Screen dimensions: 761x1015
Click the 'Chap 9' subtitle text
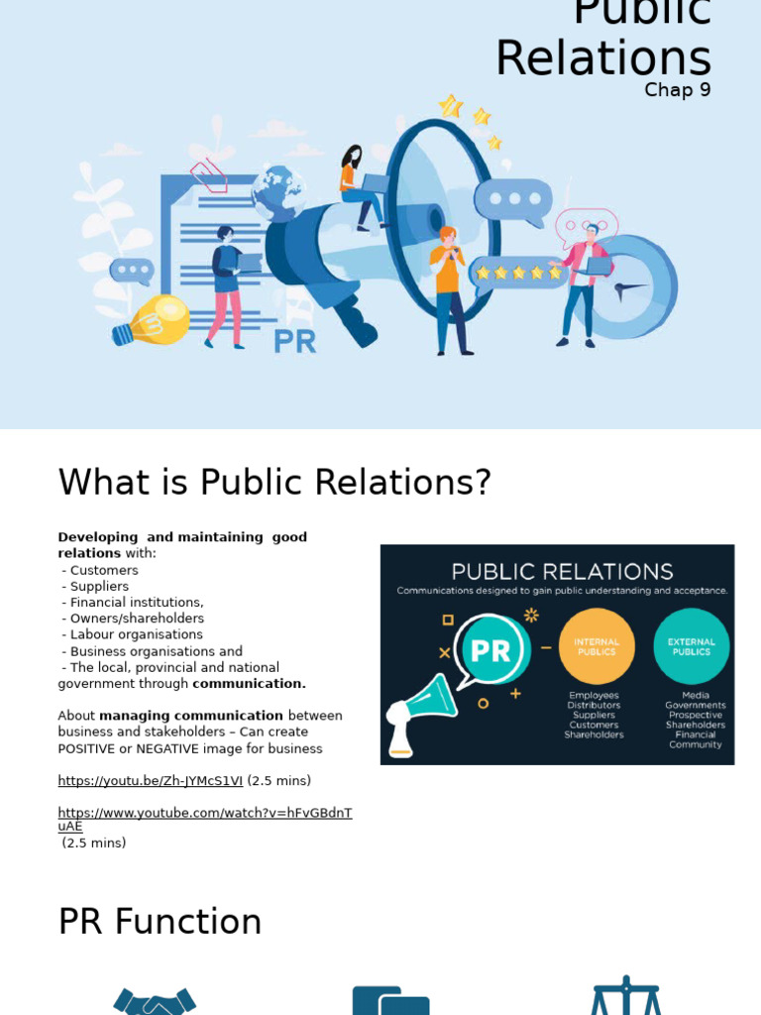[677, 90]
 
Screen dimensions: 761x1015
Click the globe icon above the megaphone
[277, 189]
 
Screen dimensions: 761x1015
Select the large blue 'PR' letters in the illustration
[294, 342]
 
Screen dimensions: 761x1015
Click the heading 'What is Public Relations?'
[274, 483]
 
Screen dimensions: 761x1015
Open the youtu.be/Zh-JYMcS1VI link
[150, 781]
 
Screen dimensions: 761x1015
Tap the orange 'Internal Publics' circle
[596, 645]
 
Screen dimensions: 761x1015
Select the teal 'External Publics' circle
[691, 645]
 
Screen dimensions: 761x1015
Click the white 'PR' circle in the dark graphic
[489, 651]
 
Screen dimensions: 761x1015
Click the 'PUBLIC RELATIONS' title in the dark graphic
[562, 572]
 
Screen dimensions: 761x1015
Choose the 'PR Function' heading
[160, 922]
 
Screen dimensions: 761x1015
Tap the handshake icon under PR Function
[155, 1001]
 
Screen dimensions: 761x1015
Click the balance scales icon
[625, 996]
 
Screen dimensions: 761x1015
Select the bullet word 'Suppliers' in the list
[99, 587]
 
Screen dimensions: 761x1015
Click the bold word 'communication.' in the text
[249, 684]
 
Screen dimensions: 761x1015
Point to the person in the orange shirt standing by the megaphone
[448, 287]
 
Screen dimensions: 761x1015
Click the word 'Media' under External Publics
[695, 695]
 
